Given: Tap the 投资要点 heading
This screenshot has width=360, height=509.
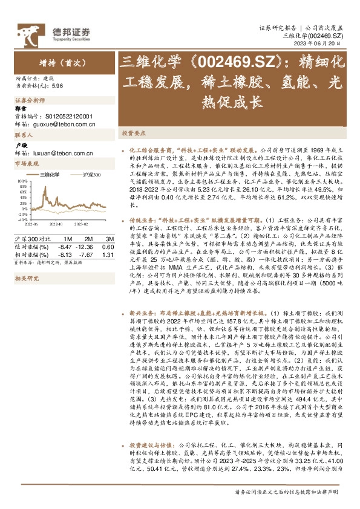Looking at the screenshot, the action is click(x=134, y=132).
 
